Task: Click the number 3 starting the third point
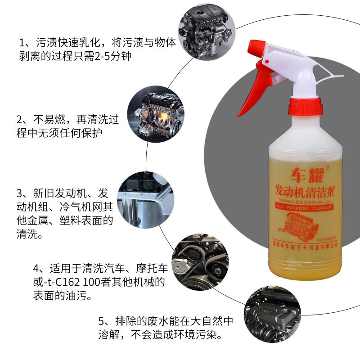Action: click(x=19, y=193)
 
